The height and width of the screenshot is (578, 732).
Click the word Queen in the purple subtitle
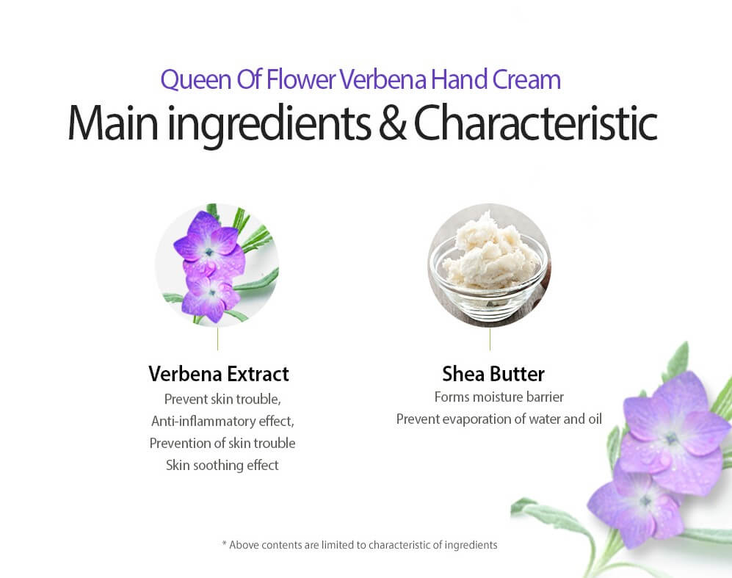[x=196, y=80]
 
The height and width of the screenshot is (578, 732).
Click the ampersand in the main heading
[x=392, y=123]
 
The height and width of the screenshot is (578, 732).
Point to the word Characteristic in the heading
[x=535, y=123]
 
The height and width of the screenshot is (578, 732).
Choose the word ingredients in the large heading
[x=269, y=125]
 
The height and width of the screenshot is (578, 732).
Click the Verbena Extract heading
[x=219, y=374]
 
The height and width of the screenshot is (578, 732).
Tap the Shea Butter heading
[x=493, y=374]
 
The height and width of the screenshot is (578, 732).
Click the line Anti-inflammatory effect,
[x=222, y=421]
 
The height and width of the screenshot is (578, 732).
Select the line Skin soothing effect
[x=222, y=465]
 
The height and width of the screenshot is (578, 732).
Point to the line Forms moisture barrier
[x=499, y=397]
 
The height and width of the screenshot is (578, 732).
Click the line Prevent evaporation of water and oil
[x=499, y=419]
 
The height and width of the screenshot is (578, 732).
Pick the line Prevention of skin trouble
[x=222, y=443]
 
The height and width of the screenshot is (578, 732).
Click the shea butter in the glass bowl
[x=489, y=253]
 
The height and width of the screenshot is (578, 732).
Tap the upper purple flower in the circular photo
[x=209, y=243]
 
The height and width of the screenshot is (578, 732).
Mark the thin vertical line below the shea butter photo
[x=490, y=339]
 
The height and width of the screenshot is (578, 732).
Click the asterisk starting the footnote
[x=224, y=543]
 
